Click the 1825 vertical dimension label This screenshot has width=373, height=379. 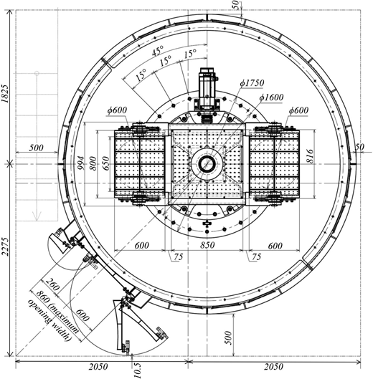click(x=5, y=94)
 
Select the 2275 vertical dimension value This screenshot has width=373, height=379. click(x=5, y=246)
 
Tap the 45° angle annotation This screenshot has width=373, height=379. click(x=158, y=51)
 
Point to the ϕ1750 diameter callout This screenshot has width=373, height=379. click(x=252, y=83)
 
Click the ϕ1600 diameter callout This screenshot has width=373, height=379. click(x=271, y=97)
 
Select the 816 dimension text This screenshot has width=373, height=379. click(x=311, y=156)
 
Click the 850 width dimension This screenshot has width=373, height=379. click(x=207, y=245)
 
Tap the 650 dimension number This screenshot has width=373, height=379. click(x=106, y=163)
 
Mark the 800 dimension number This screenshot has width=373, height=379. click(x=93, y=163)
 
